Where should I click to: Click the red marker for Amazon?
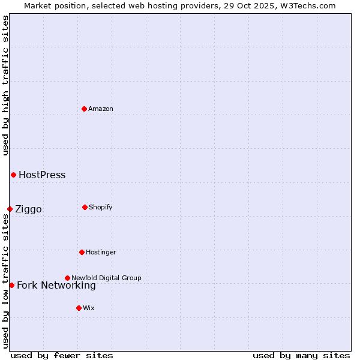point(85,109)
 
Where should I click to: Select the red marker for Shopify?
point(85,207)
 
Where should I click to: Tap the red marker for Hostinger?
point(82,252)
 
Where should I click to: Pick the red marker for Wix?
point(79,308)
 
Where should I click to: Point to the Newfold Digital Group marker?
point(67,278)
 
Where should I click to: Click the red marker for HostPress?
point(13,175)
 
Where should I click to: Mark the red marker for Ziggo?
point(10,209)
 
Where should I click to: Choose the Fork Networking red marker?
point(11,285)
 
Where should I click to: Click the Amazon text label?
point(101,109)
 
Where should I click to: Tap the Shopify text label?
point(101,207)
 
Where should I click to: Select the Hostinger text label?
point(101,252)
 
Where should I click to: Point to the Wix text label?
point(89,308)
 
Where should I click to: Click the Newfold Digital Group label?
point(106,278)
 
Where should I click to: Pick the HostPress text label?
point(42,175)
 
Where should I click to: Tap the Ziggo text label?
point(28,209)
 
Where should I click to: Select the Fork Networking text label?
point(56,286)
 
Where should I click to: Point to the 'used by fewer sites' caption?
point(62,355)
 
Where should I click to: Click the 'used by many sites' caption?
point(301,355)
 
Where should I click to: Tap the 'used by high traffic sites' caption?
point(5,85)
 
